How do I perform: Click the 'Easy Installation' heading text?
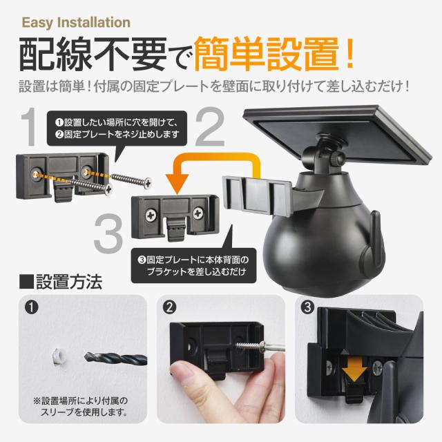76,23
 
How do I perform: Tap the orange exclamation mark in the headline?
350,54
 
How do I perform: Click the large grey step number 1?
29,127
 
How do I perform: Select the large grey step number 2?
210,127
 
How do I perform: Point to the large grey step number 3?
108,233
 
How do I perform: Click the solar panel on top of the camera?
337,135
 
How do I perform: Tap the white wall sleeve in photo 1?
59,356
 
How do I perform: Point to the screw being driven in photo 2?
251,345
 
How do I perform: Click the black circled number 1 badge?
31,307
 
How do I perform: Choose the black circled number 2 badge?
169,307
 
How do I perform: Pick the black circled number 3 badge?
307,307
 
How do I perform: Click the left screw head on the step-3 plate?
151,215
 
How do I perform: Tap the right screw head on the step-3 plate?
198,213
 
